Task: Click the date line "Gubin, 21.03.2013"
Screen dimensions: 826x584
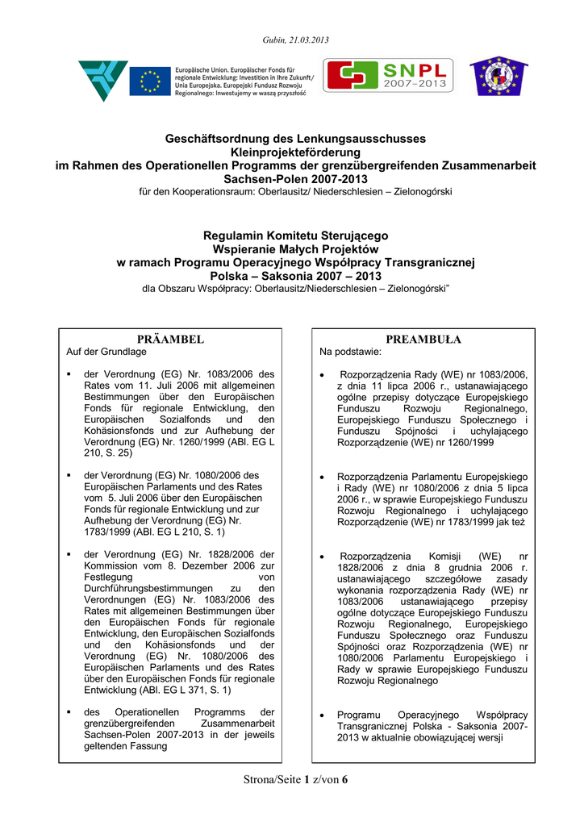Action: (295, 40)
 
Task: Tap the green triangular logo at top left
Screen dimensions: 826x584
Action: (103, 79)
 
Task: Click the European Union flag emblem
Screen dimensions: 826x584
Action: (150, 80)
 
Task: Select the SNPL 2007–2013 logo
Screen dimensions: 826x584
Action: (389, 75)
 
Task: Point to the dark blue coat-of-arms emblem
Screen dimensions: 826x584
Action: (494, 77)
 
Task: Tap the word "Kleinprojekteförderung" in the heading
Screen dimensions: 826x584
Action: (295, 152)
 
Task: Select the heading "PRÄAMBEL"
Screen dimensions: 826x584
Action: (169, 340)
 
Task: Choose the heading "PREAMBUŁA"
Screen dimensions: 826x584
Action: (423, 340)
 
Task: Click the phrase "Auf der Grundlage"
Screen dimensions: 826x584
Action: (106, 353)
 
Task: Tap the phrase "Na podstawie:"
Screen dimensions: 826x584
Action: (351, 353)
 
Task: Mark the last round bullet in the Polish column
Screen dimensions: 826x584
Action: (323, 715)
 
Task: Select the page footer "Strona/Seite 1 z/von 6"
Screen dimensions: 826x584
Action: (295, 779)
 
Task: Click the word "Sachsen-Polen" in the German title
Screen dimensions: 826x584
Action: (258, 178)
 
